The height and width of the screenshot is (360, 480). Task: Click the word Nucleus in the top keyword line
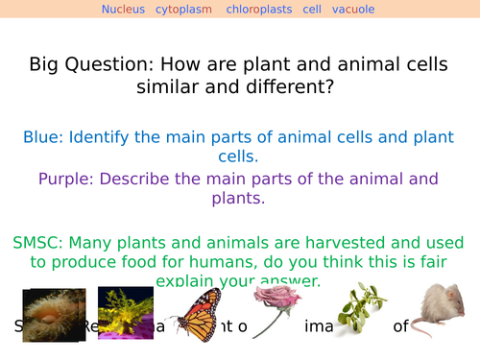pos(124,10)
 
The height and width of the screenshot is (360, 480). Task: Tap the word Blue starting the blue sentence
pos(44,137)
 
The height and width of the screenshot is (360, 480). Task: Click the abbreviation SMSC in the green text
pos(37,242)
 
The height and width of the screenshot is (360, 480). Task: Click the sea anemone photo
pos(54,314)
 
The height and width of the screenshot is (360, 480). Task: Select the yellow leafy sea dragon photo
pos(126,311)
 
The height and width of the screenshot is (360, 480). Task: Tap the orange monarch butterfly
pos(203,317)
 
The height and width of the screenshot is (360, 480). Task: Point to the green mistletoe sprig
pos(357,306)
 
